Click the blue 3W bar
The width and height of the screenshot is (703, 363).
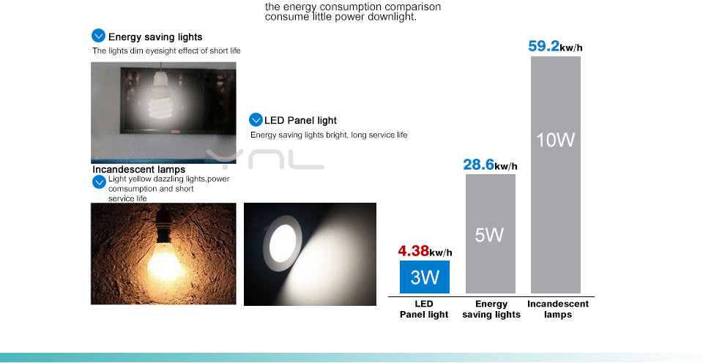coord(425,277)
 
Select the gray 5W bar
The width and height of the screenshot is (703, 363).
coord(490,233)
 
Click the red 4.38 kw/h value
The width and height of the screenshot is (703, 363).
coord(425,251)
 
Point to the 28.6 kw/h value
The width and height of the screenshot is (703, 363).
coord(490,165)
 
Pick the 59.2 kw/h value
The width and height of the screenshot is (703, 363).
coord(555,47)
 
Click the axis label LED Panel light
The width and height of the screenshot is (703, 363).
coord(424,309)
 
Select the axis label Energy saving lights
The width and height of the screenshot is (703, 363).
coord(491,309)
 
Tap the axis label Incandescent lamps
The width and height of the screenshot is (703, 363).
coord(558,309)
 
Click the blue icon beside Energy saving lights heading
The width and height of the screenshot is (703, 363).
coord(99,36)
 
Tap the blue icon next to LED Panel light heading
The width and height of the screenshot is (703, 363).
coord(256,119)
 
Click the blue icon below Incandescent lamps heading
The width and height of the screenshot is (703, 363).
coord(99,181)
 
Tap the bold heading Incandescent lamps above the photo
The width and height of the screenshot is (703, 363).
coord(138,170)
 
